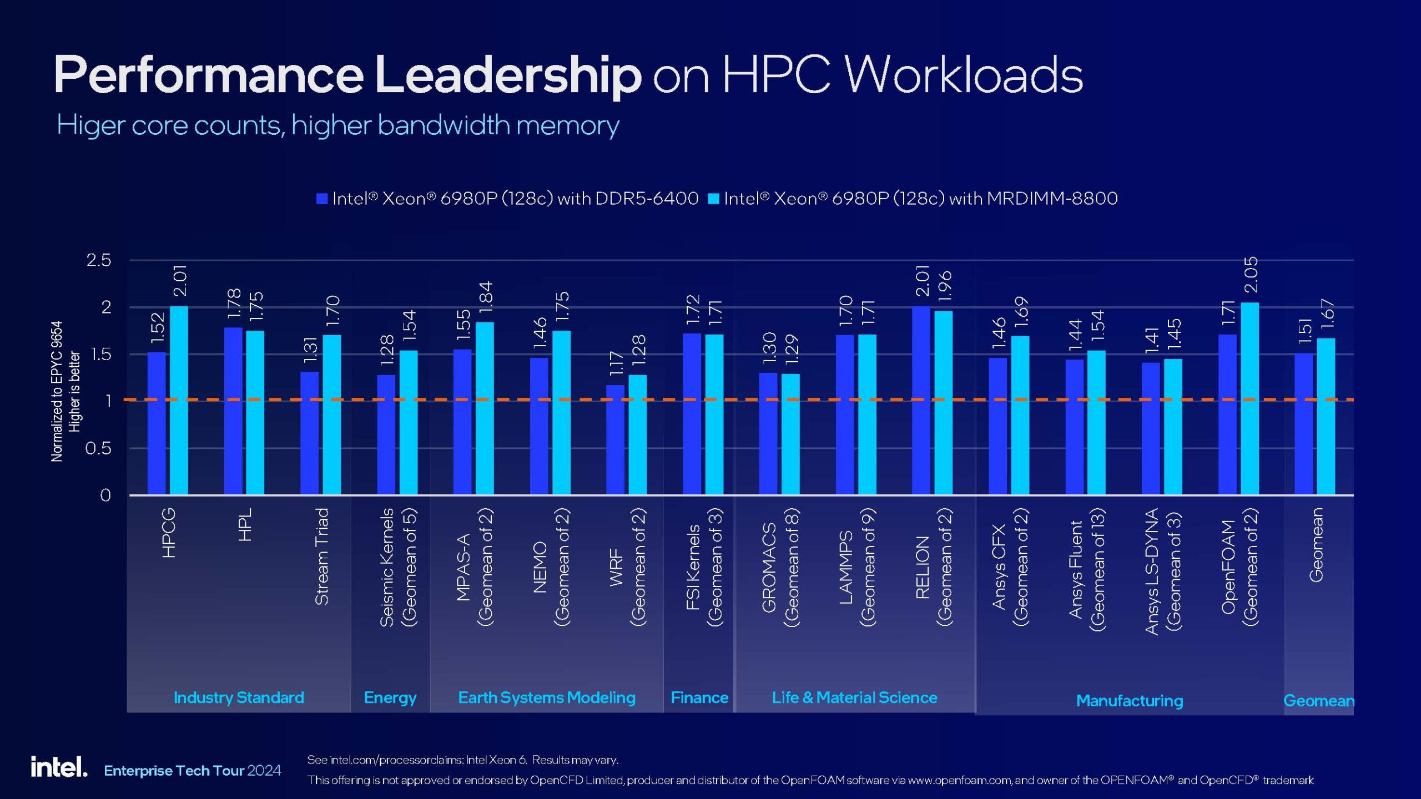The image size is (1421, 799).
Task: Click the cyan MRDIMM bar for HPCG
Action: [x=179, y=399]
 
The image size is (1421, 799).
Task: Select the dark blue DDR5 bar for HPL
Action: [x=233, y=411]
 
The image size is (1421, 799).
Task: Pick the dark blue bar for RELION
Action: [x=921, y=399]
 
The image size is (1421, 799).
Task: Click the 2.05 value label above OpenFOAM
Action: [x=1251, y=275]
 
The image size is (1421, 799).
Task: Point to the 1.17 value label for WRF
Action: [x=616, y=363]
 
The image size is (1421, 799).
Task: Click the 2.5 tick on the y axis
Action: [x=99, y=260]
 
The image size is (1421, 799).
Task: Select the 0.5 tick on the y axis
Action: [x=98, y=448]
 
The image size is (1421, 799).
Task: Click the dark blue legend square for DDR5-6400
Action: [x=322, y=199]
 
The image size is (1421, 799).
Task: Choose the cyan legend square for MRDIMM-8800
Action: [x=714, y=199]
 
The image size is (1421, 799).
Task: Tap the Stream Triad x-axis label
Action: [x=322, y=556]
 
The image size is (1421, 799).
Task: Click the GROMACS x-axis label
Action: [x=769, y=567]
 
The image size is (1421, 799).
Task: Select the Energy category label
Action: [x=390, y=697]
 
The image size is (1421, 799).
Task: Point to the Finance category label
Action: [x=699, y=697]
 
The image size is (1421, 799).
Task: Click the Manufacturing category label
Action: [x=1130, y=701]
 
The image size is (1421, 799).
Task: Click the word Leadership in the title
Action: [x=508, y=75]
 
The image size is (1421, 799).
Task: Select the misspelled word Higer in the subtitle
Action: [x=90, y=125]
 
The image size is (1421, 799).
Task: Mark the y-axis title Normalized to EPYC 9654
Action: [x=57, y=391]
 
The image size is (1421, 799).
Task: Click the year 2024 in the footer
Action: [x=264, y=770]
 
